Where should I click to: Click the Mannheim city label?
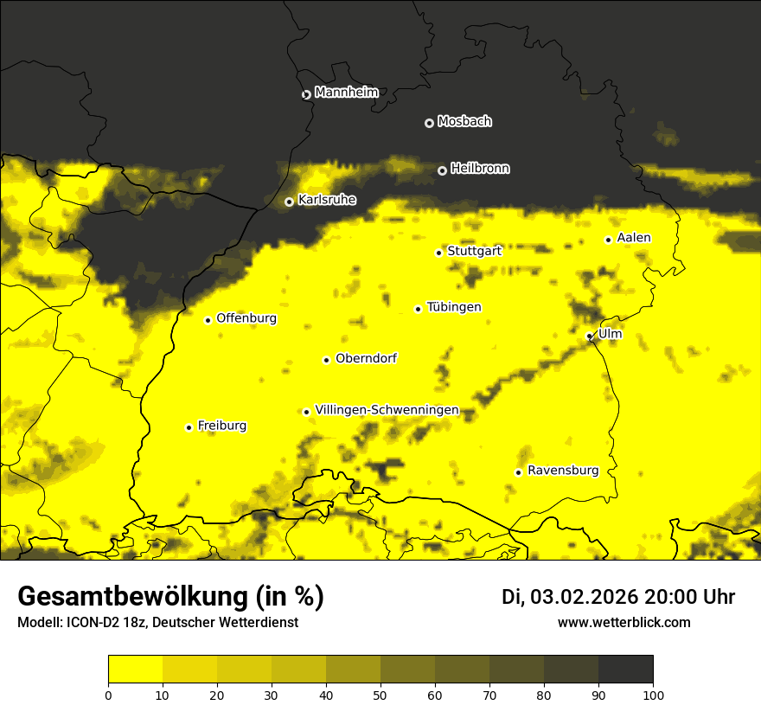pos(346,93)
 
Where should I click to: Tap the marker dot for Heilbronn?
pos(442,170)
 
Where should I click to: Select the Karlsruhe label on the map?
pos(326,200)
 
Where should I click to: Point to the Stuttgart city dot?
pos(438,253)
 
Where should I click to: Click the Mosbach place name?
pos(464,122)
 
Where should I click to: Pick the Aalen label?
pos(634,238)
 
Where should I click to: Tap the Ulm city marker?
pos(590,336)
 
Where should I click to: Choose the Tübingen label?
pos(453,307)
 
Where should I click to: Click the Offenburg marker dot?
pos(208,320)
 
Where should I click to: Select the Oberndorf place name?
pos(366,359)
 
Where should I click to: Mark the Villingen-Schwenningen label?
pos(387,410)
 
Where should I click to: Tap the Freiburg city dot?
pos(189,427)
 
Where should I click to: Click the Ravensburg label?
pos(562,471)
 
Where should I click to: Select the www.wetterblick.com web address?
pos(624,623)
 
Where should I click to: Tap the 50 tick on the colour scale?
pos(380,695)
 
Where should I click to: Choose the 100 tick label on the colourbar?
pos(653,695)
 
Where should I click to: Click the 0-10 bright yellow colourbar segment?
pos(136,670)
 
